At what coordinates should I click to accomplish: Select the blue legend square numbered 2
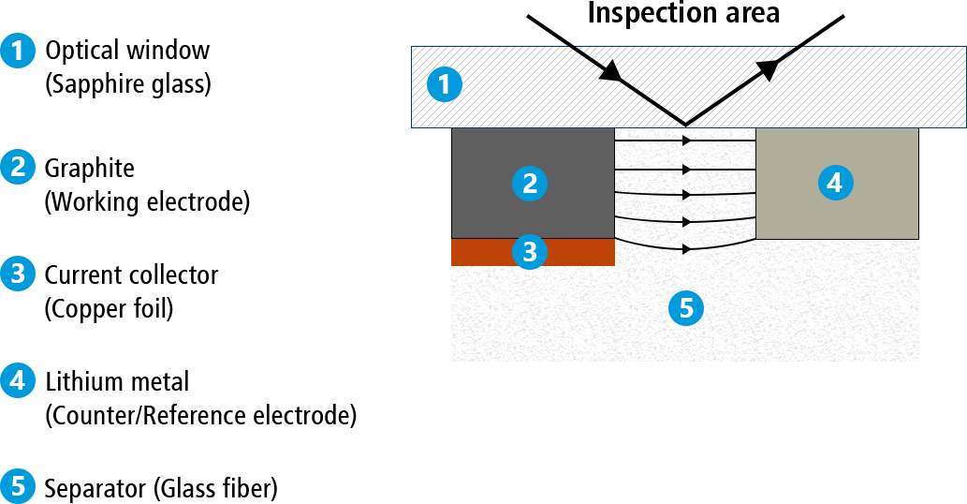pyautogui.click(x=17, y=167)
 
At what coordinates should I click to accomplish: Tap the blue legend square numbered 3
pyautogui.click(x=17, y=274)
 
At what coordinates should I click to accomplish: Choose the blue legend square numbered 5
pyautogui.click(x=17, y=486)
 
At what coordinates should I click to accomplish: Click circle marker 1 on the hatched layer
pyautogui.click(x=444, y=85)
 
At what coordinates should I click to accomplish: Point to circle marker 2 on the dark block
pyautogui.click(x=530, y=184)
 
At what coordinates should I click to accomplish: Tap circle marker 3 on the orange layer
pyautogui.click(x=530, y=251)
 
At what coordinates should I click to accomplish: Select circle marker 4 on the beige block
pyautogui.click(x=835, y=184)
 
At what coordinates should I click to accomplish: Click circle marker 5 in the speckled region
pyautogui.click(x=686, y=307)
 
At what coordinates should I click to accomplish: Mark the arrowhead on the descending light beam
pyautogui.click(x=610, y=73)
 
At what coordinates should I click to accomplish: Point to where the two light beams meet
pyautogui.click(x=686, y=124)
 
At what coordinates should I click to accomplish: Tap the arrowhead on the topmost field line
pyautogui.click(x=687, y=141)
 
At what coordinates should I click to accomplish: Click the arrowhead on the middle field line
pyautogui.click(x=688, y=195)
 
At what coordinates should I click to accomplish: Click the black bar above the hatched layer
pyautogui.click(x=685, y=30)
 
